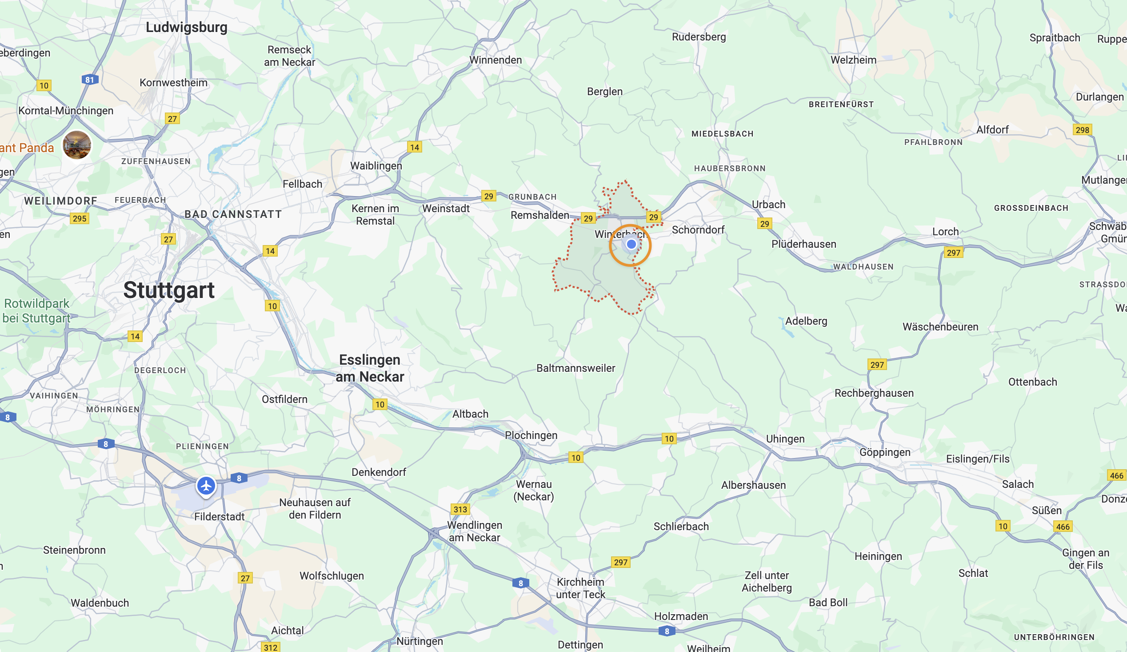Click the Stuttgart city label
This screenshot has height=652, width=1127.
(168, 290)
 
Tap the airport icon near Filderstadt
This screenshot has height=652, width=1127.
(206, 486)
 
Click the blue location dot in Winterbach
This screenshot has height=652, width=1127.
(631, 244)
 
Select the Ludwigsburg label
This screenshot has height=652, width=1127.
(187, 27)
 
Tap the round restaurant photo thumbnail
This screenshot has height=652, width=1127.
(77, 145)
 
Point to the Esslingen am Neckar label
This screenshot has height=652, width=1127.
(370, 368)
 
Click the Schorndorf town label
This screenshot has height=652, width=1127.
(698, 230)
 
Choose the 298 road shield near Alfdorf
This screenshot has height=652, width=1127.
(1082, 130)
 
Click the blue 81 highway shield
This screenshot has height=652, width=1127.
(90, 80)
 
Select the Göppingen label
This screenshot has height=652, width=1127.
(885, 452)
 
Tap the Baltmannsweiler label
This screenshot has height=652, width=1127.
(575, 368)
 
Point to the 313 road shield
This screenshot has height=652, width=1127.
(460, 509)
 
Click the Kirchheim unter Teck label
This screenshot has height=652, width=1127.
(580, 588)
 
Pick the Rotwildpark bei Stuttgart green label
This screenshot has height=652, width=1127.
(37, 311)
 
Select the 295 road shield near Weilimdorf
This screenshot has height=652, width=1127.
(80, 218)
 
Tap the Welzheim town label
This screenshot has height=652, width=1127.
(853, 60)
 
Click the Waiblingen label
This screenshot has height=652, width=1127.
(376, 166)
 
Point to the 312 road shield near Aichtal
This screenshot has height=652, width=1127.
(271, 647)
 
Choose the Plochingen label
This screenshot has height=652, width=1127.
(531, 435)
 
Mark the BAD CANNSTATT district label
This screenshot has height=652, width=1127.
(233, 214)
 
